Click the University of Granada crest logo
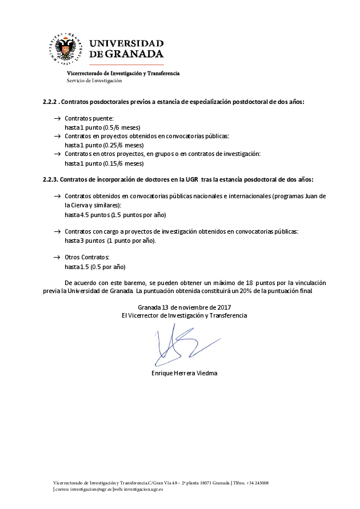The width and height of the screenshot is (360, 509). click(68, 49)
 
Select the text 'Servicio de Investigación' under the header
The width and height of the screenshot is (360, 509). click(94, 81)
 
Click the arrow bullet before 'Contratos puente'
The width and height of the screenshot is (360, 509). click(57, 118)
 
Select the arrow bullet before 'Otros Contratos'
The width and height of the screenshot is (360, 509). click(57, 258)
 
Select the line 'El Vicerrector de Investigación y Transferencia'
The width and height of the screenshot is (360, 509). click(180, 315)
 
